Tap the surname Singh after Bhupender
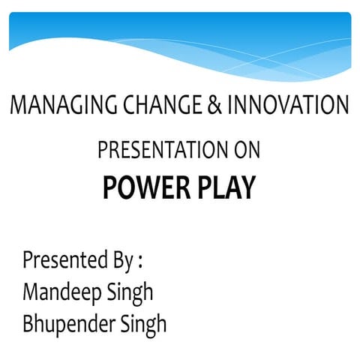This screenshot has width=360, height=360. [x=146, y=325]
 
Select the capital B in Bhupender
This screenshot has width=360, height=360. [x=28, y=324]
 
